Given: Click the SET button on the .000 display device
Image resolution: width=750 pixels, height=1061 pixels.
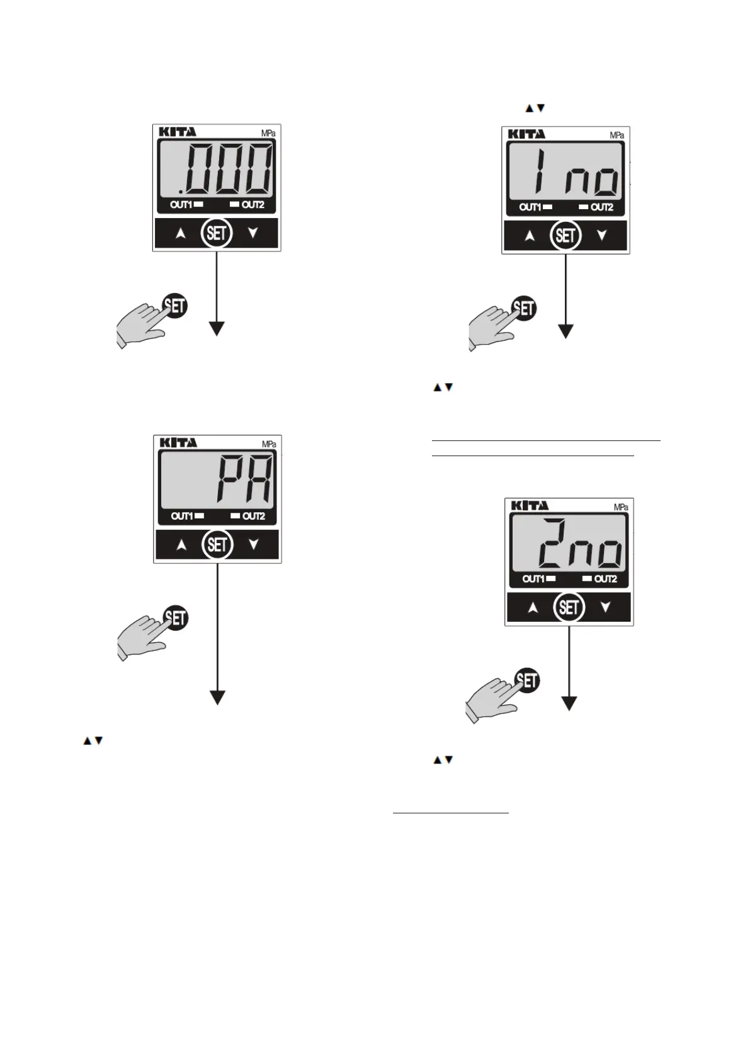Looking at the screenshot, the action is (216, 234).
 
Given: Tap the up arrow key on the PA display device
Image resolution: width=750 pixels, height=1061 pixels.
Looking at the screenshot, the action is (181, 546).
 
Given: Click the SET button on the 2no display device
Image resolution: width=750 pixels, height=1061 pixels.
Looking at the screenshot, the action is (569, 608).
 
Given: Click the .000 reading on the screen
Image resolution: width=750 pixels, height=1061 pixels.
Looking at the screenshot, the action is (225, 169).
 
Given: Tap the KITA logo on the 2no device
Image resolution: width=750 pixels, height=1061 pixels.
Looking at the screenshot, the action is (530, 505).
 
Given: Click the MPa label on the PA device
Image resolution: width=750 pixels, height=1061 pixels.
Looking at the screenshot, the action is (269, 444).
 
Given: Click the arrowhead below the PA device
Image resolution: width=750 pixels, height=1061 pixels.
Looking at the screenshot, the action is (217, 697).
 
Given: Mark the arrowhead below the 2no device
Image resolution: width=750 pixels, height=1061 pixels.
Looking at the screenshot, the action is (569, 704).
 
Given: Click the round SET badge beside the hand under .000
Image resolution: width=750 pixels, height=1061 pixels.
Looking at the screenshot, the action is (175, 306).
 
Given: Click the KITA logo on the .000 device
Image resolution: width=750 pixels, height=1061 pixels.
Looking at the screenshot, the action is (177, 132).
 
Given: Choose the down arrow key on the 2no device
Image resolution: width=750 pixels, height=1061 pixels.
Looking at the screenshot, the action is (605, 608).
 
